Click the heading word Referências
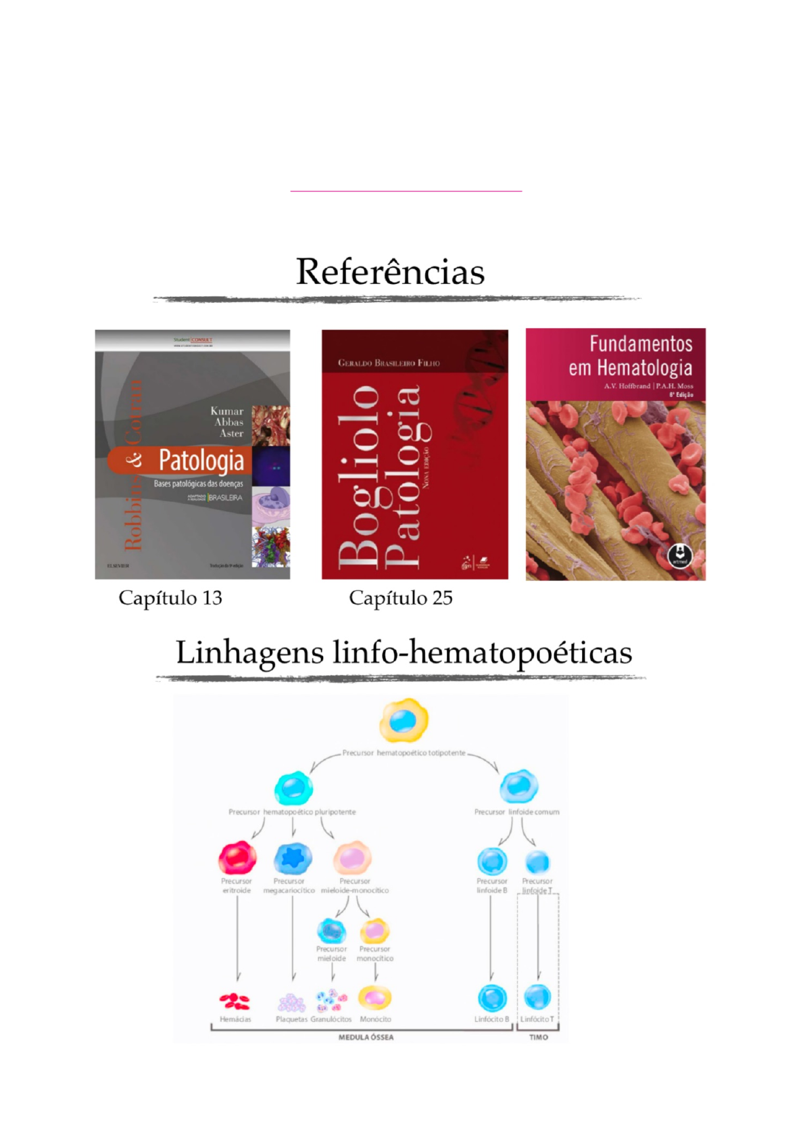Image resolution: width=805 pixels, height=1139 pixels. (390, 272)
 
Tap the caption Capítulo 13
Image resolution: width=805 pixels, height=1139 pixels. (170, 598)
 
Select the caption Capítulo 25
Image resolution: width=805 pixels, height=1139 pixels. (400, 598)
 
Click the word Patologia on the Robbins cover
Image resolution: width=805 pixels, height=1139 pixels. (201, 461)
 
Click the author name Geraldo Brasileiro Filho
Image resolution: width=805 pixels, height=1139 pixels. (389, 363)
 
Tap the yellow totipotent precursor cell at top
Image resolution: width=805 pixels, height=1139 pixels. (404, 720)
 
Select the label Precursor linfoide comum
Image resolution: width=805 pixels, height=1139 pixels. (516, 812)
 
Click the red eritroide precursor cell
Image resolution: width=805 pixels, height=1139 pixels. (237, 858)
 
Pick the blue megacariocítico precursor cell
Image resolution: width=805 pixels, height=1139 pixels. (293, 858)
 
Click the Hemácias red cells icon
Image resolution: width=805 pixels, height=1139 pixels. (235, 1000)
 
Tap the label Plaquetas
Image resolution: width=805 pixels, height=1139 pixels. (291, 1019)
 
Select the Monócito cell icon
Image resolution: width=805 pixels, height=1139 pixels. (374, 998)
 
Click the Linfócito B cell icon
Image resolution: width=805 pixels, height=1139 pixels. (492, 998)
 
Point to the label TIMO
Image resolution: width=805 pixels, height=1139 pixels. (539, 1037)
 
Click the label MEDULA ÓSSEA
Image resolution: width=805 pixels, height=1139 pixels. (366, 1037)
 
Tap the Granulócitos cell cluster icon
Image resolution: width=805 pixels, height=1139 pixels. (331, 1000)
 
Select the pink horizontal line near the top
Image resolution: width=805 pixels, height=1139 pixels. (406, 191)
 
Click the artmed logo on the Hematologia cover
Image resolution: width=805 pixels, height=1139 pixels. (680, 556)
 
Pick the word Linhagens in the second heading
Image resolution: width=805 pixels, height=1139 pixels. (249, 653)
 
